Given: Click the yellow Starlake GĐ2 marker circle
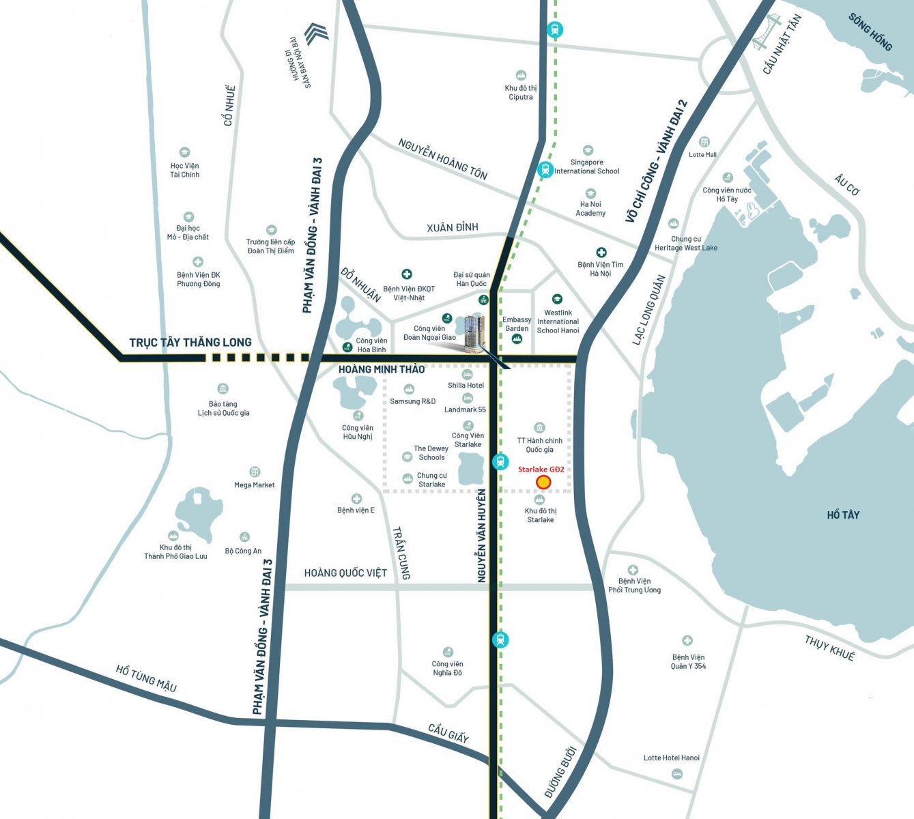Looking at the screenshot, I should [x=543, y=483].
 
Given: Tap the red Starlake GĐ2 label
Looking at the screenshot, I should [x=541, y=470].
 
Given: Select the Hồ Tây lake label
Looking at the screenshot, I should [x=843, y=515].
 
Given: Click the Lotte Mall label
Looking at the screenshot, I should [x=702, y=155].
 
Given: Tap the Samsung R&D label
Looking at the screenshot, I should [x=412, y=401].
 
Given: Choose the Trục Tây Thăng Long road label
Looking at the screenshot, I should [x=190, y=343].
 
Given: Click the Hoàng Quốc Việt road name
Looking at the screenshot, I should [x=345, y=573].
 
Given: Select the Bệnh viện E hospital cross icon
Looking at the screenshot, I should [x=356, y=499].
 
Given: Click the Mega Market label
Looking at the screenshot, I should [x=254, y=485].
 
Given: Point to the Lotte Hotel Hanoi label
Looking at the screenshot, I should [x=671, y=758].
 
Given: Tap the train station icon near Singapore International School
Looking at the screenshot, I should [x=545, y=169].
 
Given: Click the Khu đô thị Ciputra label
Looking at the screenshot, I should [x=521, y=93].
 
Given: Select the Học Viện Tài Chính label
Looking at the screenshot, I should [x=184, y=170].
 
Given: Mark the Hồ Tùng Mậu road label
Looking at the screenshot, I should [x=146, y=678].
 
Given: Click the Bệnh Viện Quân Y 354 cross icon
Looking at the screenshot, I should [x=687, y=640].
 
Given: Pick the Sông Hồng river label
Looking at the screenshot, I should [x=870, y=32].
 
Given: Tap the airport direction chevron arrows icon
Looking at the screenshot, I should [x=316, y=33].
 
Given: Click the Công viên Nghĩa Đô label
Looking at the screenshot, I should [x=447, y=668].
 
